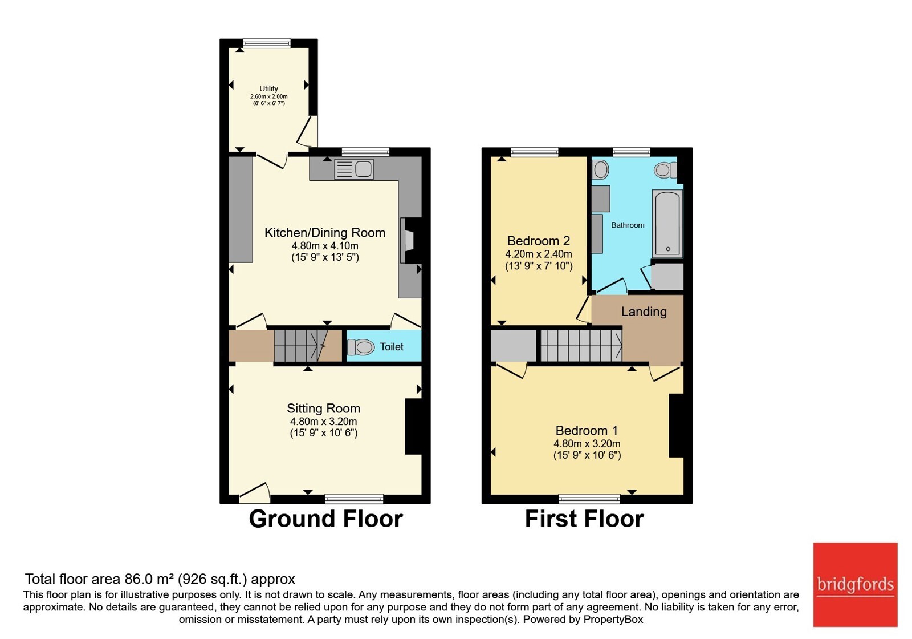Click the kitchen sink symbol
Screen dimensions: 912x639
pyautogui.click(x=354, y=169)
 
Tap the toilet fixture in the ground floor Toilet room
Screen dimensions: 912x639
pyautogui.click(x=361, y=347)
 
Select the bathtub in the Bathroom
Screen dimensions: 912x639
pyautogui.click(x=667, y=223)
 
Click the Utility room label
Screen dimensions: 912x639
pyautogui.click(x=268, y=88)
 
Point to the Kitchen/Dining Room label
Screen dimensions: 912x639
pyautogui.click(x=325, y=233)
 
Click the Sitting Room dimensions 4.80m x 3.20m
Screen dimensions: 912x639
pyautogui.click(x=324, y=422)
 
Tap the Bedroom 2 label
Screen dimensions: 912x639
pyautogui.click(x=539, y=241)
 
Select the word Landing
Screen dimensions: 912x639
pyautogui.click(x=644, y=312)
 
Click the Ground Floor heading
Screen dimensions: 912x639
pyautogui.click(x=325, y=519)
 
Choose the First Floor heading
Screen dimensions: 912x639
pyautogui.click(x=584, y=519)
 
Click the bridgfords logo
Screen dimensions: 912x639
pyautogui.click(x=856, y=584)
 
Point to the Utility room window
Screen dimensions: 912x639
pyautogui.click(x=267, y=43)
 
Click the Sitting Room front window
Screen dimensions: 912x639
pyautogui.click(x=354, y=499)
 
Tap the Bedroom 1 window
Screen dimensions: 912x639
pyautogui.click(x=589, y=499)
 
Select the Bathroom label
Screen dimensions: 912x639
pyautogui.click(x=628, y=225)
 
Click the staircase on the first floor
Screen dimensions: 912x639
pyautogui.click(x=581, y=346)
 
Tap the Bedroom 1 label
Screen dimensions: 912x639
pyautogui.click(x=587, y=430)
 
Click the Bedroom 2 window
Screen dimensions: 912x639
pyautogui.click(x=535, y=152)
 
